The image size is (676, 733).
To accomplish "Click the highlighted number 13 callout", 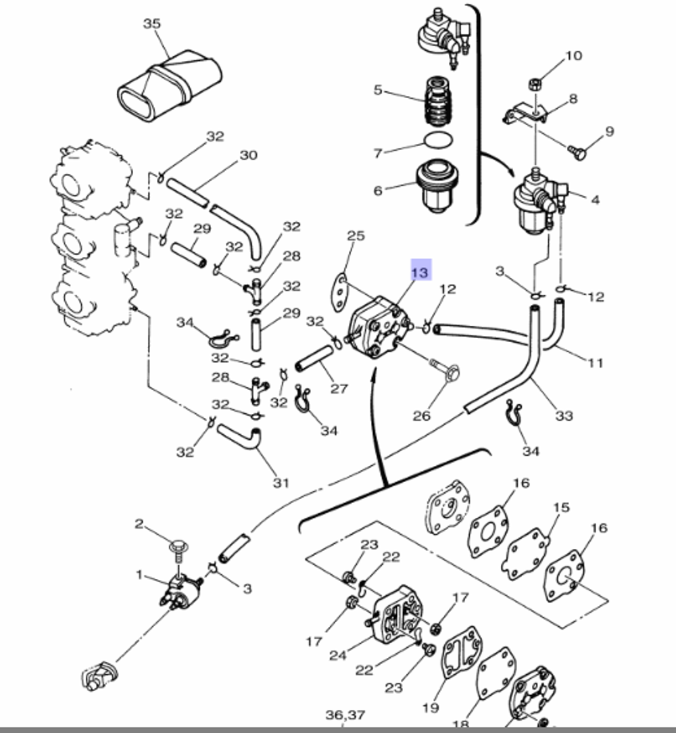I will [x=420, y=272].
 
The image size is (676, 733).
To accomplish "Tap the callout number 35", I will [x=152, y=24].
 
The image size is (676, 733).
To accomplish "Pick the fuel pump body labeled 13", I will [x=375, y=331].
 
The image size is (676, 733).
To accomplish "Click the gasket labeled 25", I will [x=339, y=291].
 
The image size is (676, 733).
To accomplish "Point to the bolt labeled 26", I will [x=446, y=371].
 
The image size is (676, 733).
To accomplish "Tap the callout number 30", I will [x=249, y=156].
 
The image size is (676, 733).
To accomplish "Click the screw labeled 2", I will [x=179, y=545].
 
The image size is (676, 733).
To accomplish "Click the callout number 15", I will [x=561, y=507].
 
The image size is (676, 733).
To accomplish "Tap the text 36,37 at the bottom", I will [x=345, y=715].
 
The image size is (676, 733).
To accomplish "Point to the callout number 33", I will [x=563, y=415].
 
